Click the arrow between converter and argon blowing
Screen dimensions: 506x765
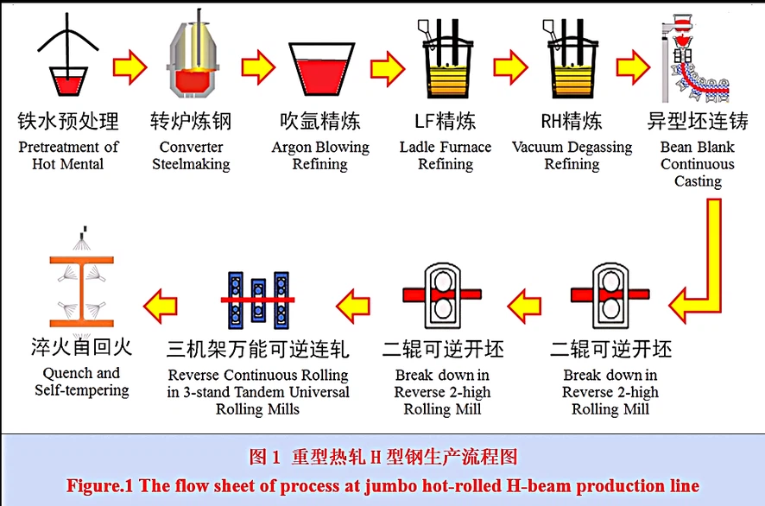pyautogui.click(x=258, y=68)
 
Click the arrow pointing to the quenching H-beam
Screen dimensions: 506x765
pyautogui.click(x=160, y=304)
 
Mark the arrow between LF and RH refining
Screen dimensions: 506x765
pyautogui.click(x=509, y=68)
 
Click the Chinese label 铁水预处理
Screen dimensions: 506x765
pyautogui.click(x=68, y=121)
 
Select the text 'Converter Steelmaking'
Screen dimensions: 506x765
pyautogui.click(x=192, y=155)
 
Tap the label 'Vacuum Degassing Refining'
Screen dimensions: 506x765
pyautogui.click(x=572, y=155)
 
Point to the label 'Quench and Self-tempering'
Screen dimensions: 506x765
pyautogui.click(x=82, y=382)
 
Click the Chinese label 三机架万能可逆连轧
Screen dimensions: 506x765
pyautogui.click(x=258, y=349)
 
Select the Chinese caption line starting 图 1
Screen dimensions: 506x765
pyautogui.click(x=382, y=456)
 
